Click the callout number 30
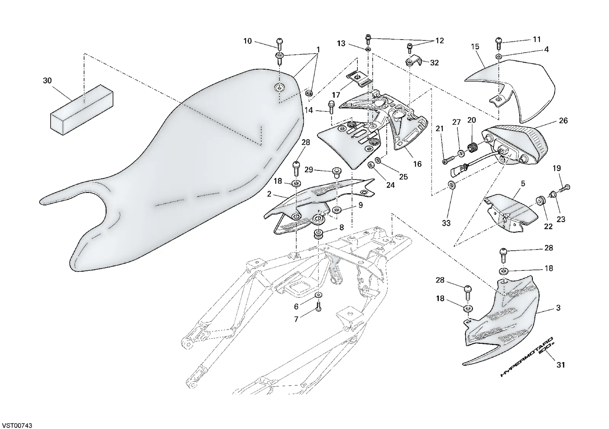click(x=47, y=81)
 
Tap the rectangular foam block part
click(x=82, y=110)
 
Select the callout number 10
click(x=247, y=41)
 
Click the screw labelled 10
click(x=279, y=43)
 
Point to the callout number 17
click(x=336, y=95)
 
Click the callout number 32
click(x=434, y=63)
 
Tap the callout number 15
click(x=475, y=47)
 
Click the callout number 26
click(x=563, y=121)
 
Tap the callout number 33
click(x=446, y=223)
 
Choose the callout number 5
click(x=523, y=184)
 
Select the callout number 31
click(x=561, y=365)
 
